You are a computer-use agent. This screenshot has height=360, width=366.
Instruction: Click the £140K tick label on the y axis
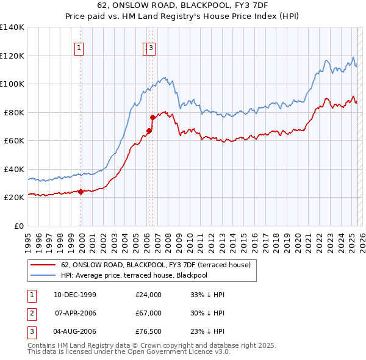point(12,27)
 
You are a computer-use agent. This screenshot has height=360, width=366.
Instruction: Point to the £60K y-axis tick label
point(14,141)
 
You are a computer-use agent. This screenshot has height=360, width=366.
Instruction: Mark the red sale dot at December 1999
point(81,192)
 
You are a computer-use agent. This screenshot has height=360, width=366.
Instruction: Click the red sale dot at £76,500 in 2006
point(152,117)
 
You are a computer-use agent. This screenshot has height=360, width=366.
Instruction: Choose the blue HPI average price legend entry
point(134,275)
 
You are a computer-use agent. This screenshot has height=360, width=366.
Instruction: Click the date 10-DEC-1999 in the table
point(75,295)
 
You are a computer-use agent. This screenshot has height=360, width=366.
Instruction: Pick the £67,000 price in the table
point(148,313)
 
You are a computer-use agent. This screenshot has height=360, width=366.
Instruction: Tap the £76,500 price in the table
point(148,331)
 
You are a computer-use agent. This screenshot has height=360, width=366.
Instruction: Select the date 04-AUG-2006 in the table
point(75,331)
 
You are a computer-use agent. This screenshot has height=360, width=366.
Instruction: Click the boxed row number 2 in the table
point(30,313)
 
